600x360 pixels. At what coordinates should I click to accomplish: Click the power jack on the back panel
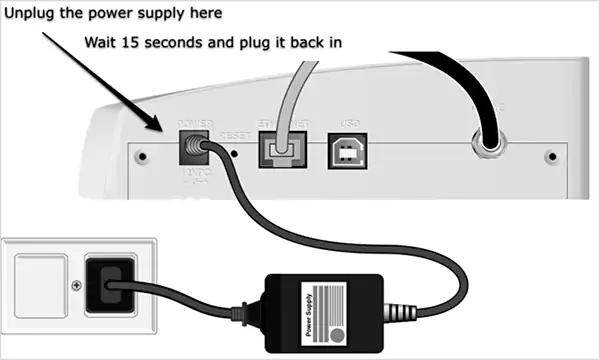193,149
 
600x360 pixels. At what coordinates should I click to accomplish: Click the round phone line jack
489,141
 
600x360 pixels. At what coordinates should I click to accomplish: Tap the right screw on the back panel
551,158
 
